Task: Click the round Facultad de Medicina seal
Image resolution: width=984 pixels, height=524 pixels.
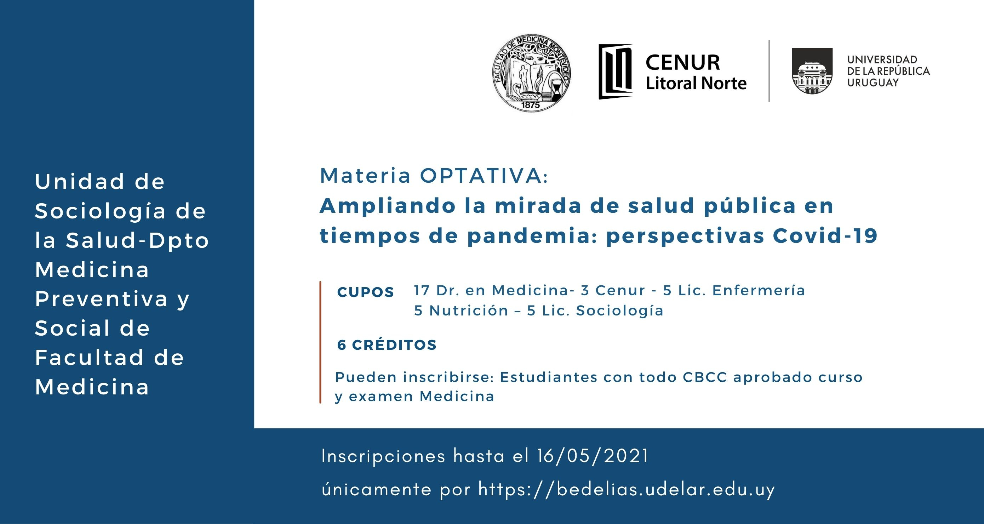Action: point(532,73)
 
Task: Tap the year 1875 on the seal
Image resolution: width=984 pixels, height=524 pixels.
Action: point(530,104)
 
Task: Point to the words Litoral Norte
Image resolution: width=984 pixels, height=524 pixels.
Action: point(696,84)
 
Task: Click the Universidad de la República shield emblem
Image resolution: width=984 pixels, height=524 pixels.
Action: point(812,71)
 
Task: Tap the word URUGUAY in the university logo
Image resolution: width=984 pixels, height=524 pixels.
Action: point(873,82)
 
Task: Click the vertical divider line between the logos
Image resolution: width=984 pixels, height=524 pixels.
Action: point(769,71)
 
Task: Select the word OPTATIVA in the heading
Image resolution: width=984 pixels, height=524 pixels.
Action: point(484,176)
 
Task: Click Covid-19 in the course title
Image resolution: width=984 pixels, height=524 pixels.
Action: point(825,235)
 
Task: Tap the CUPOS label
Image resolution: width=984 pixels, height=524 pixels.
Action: point(366,292)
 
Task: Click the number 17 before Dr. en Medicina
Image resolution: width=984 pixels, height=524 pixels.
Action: point(422,290)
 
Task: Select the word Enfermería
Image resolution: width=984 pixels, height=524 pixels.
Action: point(759,290)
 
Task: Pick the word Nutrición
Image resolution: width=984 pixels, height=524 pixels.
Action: point(469,311)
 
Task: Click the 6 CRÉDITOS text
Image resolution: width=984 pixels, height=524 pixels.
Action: point(387,345)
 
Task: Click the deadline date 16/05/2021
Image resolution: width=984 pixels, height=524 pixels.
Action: point(593,456)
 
